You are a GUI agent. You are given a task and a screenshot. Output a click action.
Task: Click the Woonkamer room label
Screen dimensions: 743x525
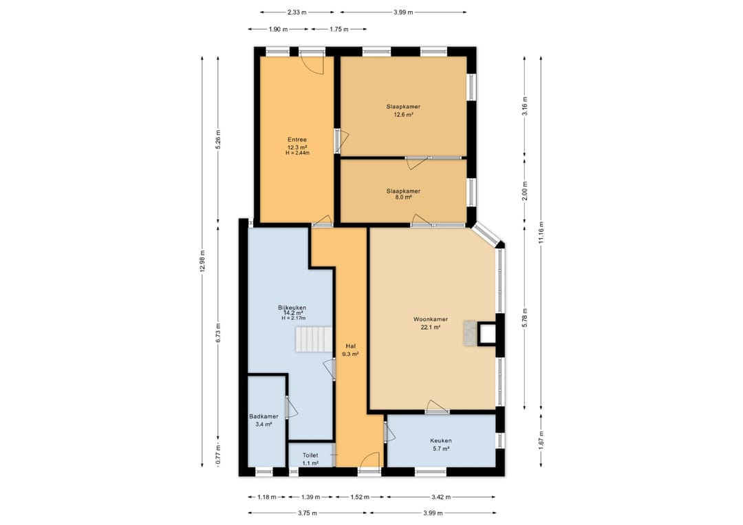point(430,319)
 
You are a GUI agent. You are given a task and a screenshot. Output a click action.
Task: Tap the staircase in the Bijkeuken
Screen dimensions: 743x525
point(314,339)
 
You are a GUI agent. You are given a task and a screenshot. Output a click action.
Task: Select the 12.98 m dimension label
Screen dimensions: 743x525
point(202,260)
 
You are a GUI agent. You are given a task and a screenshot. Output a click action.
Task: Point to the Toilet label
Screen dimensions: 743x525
point(310,456)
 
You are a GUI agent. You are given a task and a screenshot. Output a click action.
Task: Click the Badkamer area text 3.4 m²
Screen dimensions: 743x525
point(263,425)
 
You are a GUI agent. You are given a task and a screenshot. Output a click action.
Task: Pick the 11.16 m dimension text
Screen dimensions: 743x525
point(541,233)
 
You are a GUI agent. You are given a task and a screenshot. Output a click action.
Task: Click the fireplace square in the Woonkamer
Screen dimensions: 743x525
point(487,334)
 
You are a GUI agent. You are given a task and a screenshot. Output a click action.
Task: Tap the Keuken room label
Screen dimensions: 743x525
point(441,440)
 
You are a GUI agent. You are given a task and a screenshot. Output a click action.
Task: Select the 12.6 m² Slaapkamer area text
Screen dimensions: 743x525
point(403,115)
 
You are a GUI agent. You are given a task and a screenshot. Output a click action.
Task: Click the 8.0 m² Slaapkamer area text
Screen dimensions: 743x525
point(403,197)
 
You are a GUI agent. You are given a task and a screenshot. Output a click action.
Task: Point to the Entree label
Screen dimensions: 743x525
point(297,140)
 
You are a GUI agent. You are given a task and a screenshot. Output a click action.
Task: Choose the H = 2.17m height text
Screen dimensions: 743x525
point(294,319)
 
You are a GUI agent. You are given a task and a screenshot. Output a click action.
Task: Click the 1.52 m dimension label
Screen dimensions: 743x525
point(360,497)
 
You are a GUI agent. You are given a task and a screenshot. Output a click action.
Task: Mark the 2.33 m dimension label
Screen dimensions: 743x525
point(297,12)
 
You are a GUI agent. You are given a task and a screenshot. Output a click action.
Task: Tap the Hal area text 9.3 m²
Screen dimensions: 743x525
point(351,354)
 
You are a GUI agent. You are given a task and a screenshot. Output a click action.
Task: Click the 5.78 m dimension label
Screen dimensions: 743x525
point(524,317)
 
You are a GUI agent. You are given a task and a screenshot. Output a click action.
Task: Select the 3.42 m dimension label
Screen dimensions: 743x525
point(441,497)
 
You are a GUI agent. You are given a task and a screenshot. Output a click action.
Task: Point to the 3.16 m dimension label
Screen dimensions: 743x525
point(524,106)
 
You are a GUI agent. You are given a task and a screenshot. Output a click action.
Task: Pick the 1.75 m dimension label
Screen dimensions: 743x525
point(338,30)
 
